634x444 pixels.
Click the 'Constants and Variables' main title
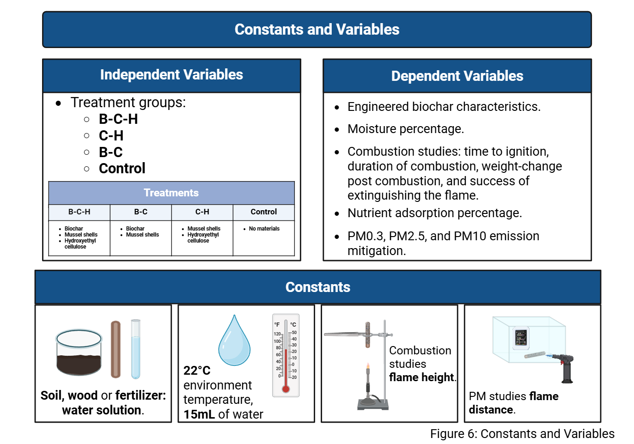click(x=317, y=29)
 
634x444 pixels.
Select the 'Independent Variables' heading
click(x=171, y=74)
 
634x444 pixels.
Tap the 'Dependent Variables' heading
click(x=457, y=76)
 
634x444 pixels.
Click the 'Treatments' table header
click(x=171, y=193)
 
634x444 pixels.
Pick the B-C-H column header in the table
click(x=79, y=212)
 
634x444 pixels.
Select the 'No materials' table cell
click(x=264, y=228)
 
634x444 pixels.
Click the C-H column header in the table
click(x=202, y=212)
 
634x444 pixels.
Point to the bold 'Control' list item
click(x=122, y=168)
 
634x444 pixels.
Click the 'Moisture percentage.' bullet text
click(x=406, y=129)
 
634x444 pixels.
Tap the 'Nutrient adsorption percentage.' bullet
click(x=434, y=213)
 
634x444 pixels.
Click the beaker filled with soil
click(x=79, y=352)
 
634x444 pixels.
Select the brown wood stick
click(x=116, y=349)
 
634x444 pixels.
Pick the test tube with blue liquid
click(x=135, y=349)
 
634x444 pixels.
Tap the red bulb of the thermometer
click(x=286, y=389)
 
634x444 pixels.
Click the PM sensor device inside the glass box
click(x=521, y=338)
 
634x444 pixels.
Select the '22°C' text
click(x=197, y=371)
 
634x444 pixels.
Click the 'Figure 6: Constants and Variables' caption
click(x=522, y=434)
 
